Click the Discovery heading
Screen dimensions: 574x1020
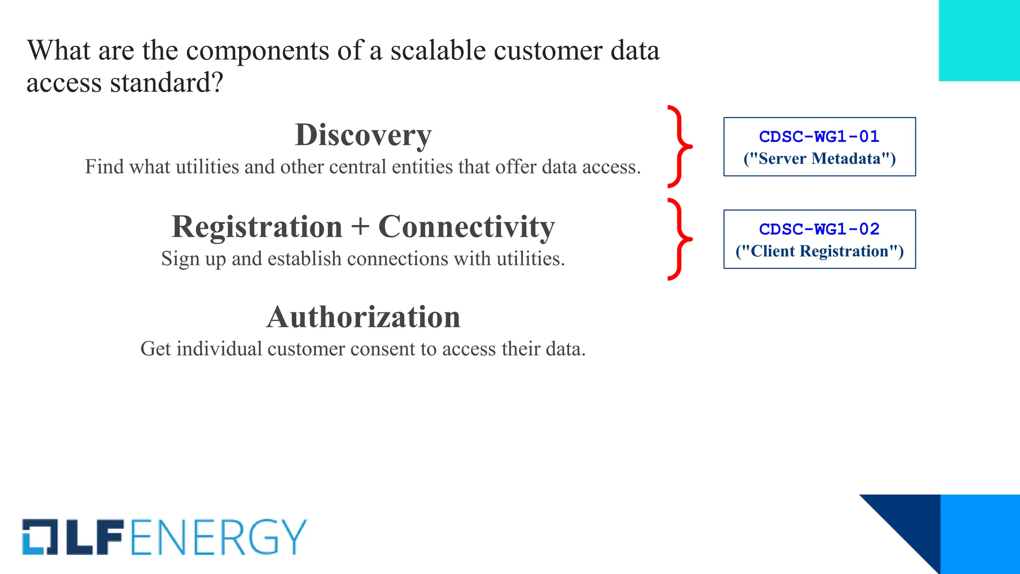pyautogui.click(x=363, y=135)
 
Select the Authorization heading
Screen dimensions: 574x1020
pyautogui.click(x=363, y=317)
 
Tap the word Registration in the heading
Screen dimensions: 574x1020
pyautogui.click(x=257, y=227)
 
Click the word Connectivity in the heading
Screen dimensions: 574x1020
pyautogui.click(x=466, y=227)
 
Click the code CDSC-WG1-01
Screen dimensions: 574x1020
pyautogui.click(x=819, y=137)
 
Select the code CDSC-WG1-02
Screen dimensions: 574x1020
pyautogui.click(x=819, y=229)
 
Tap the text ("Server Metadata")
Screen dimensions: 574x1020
pyautogui.click(x=819, y=158)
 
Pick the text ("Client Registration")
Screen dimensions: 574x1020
pyautogui.click(x=819, y=251)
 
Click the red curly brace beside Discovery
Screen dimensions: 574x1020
pyautogui.click(x=679, y=146)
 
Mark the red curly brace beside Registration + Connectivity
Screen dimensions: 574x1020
pyautogui.click(x=679, y=239)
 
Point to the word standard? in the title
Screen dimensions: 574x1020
pyautogui.click(x=166, y=82)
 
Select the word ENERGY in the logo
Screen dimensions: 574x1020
pyautogui.click(x=219, y=537)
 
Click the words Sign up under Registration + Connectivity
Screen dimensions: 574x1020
pyautogui.click(x=194, y=259)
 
